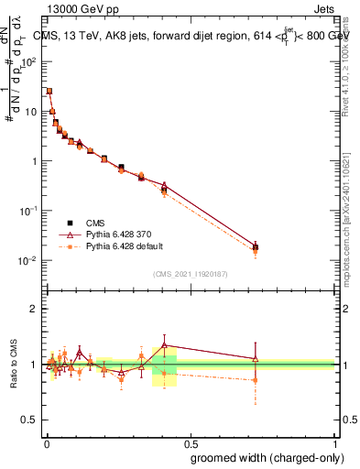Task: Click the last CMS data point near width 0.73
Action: [256, 247]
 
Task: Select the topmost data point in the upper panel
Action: [49, 91]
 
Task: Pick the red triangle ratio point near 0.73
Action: [256, 358]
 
